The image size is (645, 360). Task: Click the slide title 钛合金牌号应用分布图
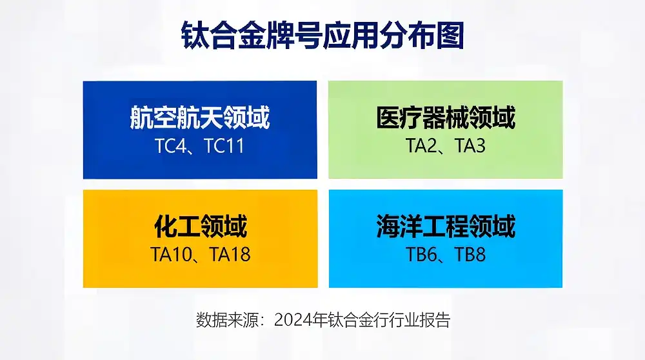tap(322, 36)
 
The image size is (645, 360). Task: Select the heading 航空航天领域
tap(200, 118)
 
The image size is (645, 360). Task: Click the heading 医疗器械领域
tap(446, 118)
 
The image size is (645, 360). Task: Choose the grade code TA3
tap(471, 146)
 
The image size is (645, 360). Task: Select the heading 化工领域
tap(200, 227)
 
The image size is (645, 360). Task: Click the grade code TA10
tap(172, 254)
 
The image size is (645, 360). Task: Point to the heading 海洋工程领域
tap(446, 227)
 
